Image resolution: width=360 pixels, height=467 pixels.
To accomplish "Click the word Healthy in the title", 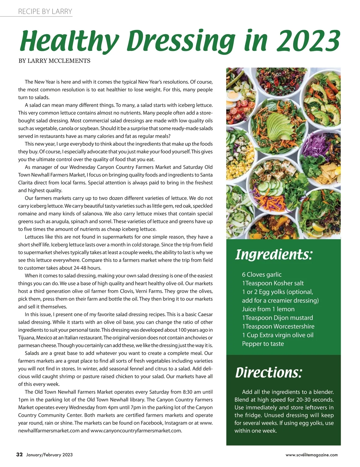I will (x=69, y=41).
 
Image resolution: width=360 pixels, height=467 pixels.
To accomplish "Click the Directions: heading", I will (x=268, y=372).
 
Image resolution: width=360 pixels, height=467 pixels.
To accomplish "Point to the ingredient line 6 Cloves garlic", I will (x=262, y=274).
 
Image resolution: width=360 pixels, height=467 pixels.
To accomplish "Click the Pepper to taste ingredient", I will (x=263, y=344).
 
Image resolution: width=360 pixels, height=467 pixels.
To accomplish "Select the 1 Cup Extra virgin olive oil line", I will (x=277, y=335).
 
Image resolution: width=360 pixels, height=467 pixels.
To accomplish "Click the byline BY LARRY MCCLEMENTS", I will (x=54, y=61).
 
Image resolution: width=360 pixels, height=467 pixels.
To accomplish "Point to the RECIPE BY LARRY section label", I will (x=45, y=11).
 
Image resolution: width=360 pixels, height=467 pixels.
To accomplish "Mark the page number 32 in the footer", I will (x=19, y=454).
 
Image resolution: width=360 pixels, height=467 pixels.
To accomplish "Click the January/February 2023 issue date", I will (x=49, y=455).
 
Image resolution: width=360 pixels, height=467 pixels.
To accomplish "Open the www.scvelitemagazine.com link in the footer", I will (x=311, y=455).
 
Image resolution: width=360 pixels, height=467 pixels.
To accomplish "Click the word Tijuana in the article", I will (x=26, y=338).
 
